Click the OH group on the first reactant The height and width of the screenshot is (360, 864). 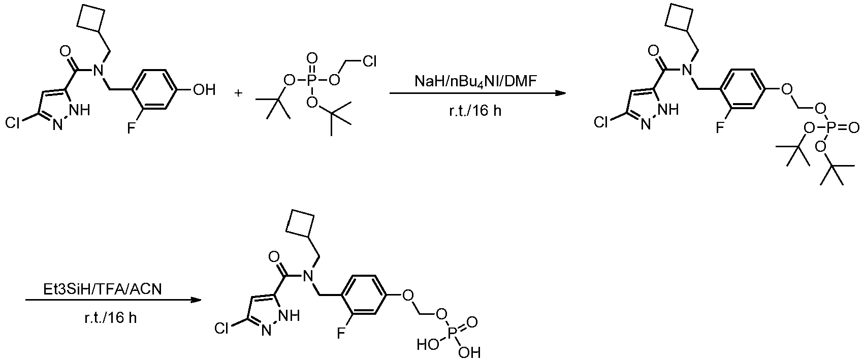204,90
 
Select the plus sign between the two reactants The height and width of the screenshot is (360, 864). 238,93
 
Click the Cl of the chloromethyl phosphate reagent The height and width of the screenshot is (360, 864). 369,61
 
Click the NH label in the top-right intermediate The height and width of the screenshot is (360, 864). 668,110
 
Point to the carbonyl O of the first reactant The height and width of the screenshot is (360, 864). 65,50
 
